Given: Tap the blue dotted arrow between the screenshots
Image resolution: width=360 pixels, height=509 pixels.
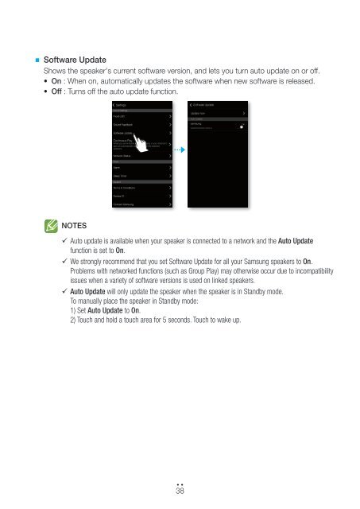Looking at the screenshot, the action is click(179, 150).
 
